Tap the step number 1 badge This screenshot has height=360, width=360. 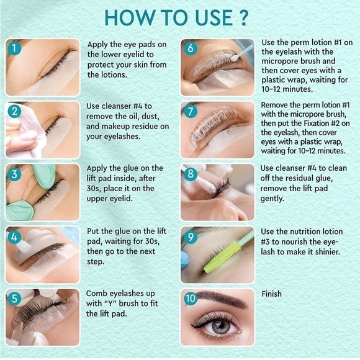coord(14,48)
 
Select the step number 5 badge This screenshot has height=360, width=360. coord(14,298)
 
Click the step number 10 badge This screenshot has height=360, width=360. coord(190,298)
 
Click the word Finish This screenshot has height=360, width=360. coord(271,294)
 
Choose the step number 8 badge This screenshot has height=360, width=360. coord(190,173)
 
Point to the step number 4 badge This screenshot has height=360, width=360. coord(14,236)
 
